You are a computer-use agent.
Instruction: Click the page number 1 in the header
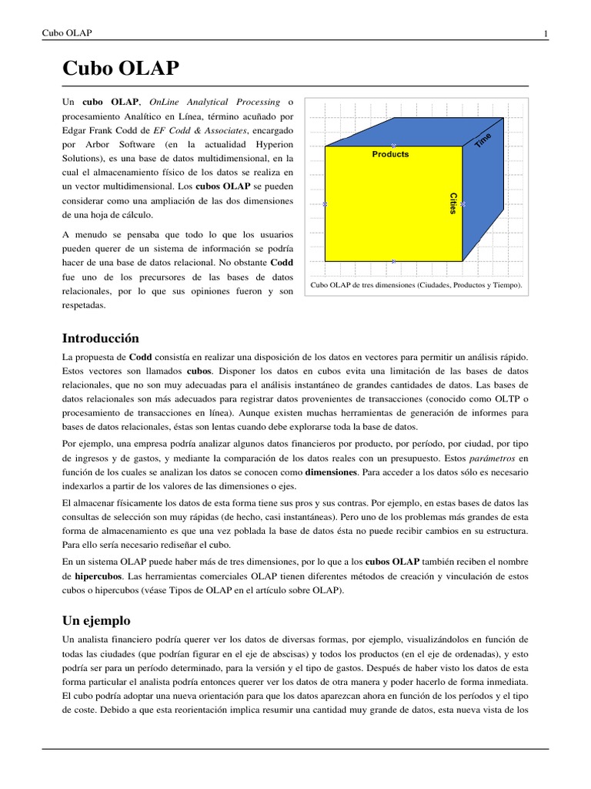click(x=546, y=33)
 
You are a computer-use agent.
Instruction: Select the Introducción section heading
click(x=100, y=338)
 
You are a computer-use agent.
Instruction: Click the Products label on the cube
click(x=391, y=154)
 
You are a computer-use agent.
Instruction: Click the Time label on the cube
click(x=482, y=140)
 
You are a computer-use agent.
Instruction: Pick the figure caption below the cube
click(x=416, y=285)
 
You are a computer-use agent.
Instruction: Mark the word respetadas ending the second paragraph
click(x=83, y=306)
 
